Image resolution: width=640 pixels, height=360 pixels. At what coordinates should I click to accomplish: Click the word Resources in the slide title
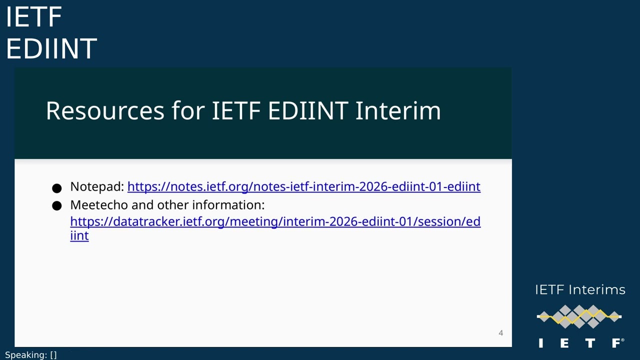(x=105, y=110)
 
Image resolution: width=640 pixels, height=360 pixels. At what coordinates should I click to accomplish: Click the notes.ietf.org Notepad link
(x=303, y=186)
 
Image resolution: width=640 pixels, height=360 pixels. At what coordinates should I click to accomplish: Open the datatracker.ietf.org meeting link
(x=275, y=221)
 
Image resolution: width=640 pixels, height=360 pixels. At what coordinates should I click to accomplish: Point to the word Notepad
(x=96, y=186)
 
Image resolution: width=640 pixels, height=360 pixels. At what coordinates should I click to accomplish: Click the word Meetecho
(x=99, y=205)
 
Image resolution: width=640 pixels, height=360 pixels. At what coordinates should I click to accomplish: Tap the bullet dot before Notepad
(x=56, y=188)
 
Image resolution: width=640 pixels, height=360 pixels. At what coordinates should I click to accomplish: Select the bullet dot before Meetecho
(x=56, y=206)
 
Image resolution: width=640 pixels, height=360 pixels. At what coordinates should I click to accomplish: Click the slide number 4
(x=500, y=333)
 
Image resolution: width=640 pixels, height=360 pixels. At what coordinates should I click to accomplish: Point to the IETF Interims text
(x=580, y=290)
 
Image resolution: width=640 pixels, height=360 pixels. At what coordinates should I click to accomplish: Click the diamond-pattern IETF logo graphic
(x=579, y=316)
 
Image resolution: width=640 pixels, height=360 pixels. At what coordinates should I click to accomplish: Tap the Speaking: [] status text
(x=31, y=355)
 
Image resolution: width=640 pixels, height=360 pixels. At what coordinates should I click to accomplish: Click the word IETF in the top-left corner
(x=33, y=17)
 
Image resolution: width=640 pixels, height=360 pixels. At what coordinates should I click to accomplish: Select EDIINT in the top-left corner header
(x=51, y=48)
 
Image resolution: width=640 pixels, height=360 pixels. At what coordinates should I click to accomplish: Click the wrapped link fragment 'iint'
(x=79, y=235)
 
